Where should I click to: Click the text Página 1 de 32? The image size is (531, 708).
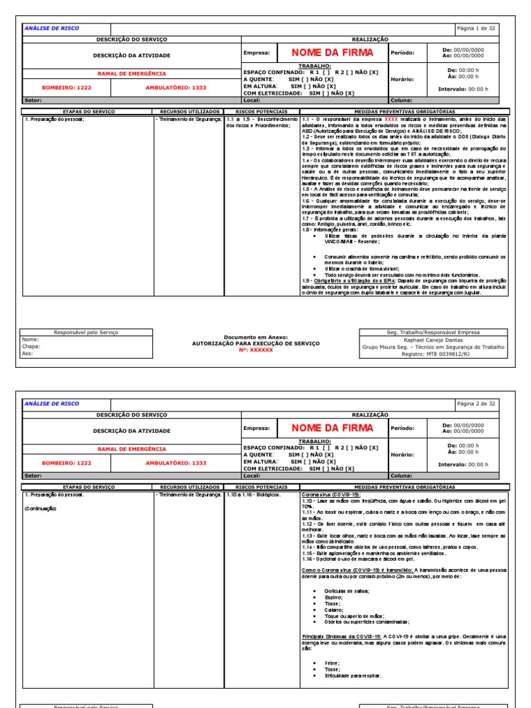(x=476, y=28)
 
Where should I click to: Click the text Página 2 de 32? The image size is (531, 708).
(x=476, y=403)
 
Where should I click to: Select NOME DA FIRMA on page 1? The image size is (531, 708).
(x=332, y=53)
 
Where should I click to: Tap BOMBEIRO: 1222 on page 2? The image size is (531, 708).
(x=66, y=463)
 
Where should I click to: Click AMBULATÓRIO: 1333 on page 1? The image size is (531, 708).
(x=176, y=88)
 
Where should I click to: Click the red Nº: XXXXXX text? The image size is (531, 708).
(x=256, y=350)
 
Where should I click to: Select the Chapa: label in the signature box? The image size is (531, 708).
(x=30, y=346)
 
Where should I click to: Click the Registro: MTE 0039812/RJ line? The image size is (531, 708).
(x=434, y=353)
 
